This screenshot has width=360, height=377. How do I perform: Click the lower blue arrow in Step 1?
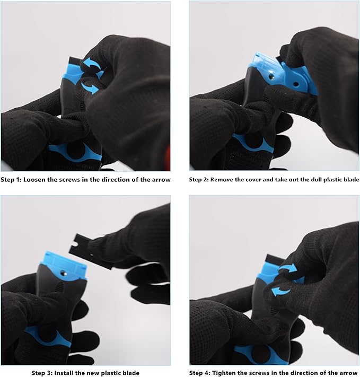pos(90,87)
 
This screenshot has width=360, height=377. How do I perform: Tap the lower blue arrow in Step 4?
pos(280,291)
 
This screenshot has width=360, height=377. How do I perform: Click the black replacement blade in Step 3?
pos(91,250)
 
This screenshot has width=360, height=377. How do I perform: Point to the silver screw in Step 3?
pos(64,273)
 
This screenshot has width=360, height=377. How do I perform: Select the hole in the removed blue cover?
pos(296,84)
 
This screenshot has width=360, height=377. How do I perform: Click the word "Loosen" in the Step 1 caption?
pos(34,180)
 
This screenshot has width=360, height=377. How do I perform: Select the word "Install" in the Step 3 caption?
pos(64,373)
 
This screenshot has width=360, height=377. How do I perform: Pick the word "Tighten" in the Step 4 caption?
pos(223,373)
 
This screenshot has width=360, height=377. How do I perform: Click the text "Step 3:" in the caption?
pos(42,373)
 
